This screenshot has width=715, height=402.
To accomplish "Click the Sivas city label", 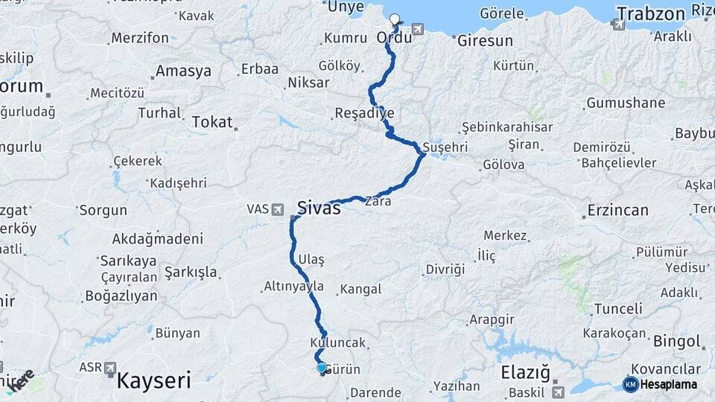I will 319,208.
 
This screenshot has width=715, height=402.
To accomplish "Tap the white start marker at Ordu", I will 395,20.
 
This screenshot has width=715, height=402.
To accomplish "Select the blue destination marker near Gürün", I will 322,367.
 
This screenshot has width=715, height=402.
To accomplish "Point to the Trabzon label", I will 650,13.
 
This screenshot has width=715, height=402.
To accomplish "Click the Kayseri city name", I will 153,381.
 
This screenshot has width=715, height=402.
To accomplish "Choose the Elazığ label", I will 524,371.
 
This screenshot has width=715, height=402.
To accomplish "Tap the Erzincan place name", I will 617,210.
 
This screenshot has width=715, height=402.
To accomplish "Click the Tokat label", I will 212,121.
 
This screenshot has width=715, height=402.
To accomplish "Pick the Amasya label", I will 182,71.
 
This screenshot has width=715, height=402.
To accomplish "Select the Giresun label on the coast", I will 485,40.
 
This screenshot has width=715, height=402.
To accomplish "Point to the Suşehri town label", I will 445,147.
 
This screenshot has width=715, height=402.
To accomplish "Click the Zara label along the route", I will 378,201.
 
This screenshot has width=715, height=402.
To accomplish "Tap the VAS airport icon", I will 278,209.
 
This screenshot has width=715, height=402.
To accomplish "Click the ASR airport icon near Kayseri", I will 110,368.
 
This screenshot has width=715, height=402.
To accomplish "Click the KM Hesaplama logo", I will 660,384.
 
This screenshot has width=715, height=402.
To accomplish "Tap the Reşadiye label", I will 364,113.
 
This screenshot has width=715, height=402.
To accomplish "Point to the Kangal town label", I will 360,289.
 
